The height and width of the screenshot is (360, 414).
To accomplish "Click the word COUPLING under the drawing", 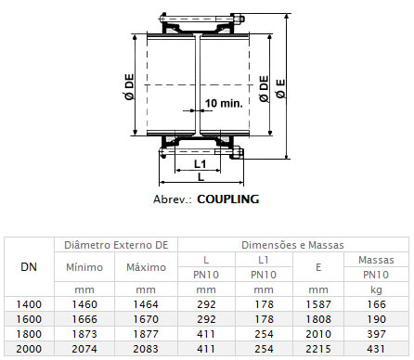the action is pyautogui.click(x=228, y=199).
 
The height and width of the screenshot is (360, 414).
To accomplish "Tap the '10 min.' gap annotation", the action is pyautogui.click(x=224, y=103).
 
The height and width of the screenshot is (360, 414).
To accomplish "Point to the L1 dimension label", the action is pyautogui.click(x=200, y=164).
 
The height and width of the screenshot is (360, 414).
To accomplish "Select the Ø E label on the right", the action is pyautogui.click(x=281, y=89).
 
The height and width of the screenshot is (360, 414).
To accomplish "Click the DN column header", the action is pyautogui.click(x=29, y=267).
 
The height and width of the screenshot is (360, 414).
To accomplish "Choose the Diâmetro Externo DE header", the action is pyautogui.click(x=116, y=245).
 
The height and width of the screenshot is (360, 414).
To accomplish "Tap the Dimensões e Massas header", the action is pyautogui.click(x=292, y=245).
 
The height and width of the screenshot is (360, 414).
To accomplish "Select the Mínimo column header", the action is pyautogui.click(x=84, y=267).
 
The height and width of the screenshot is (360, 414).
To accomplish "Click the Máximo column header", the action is pyautogui.click(x=146, y=267).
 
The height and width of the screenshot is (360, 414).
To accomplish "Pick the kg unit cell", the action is pyautogui.click(x=376, y=289).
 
